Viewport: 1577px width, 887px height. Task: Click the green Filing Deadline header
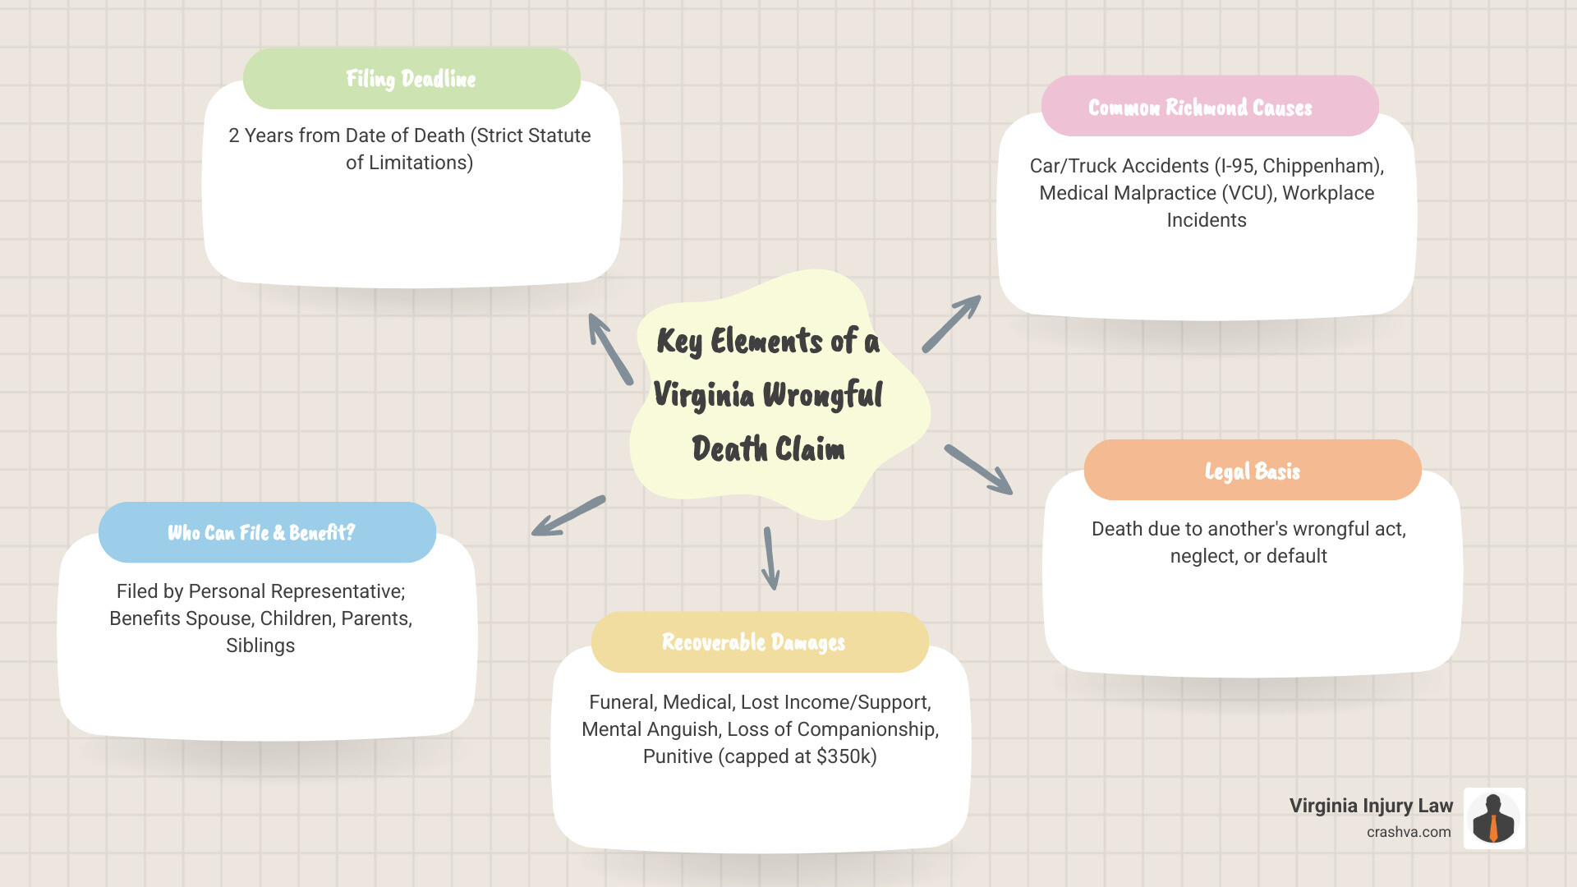click(411, 79)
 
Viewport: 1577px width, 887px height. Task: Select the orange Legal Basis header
click(1252, 471)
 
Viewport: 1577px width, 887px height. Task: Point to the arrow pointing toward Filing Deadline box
click(609, 348)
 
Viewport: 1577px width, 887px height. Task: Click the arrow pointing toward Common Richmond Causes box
click(952, 324)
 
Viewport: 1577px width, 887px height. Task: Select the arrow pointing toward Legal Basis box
click(978, 470)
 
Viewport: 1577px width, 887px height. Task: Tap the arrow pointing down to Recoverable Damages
click(770, 558)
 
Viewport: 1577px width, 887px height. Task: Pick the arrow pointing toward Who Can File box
click(568, 517)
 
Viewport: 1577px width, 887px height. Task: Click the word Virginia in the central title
click(704, 395)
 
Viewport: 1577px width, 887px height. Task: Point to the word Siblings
click(260, 646)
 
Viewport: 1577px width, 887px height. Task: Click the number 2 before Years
click(234, 136)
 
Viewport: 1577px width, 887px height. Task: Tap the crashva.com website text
click(1409, 832)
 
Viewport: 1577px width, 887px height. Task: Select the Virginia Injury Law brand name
click(1371, 806)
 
